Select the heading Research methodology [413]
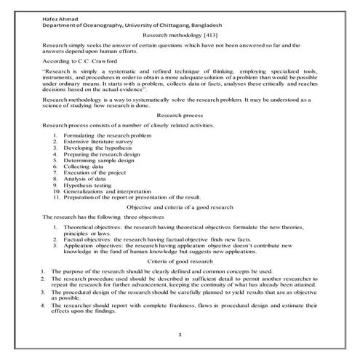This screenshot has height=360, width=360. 180,33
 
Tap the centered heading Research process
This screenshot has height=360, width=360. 180,115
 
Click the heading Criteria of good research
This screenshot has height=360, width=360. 180,260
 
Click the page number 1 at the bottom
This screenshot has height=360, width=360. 180,334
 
